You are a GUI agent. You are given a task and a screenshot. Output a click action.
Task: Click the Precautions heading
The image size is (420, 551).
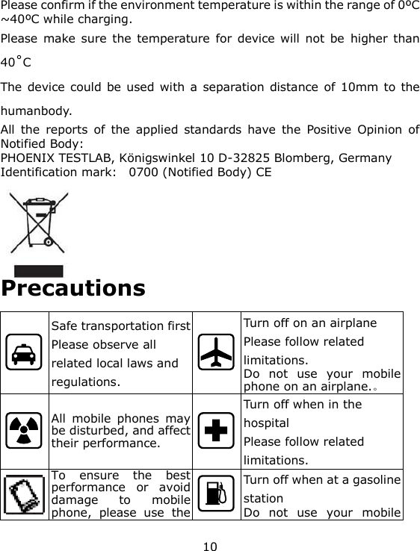click(x=73, y=288)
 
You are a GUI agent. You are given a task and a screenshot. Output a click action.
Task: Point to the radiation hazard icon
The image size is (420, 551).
click(x=25, y=434)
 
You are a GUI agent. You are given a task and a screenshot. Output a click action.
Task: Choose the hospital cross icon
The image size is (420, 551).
click(x=217, y=434)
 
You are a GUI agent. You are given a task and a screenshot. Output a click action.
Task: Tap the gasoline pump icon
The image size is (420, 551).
click(x=217, y=494)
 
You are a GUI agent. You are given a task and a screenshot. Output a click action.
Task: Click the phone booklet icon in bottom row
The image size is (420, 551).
click(x=25, y=494)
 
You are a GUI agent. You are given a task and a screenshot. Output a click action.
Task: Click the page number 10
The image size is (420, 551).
click(x=211, y=547)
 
